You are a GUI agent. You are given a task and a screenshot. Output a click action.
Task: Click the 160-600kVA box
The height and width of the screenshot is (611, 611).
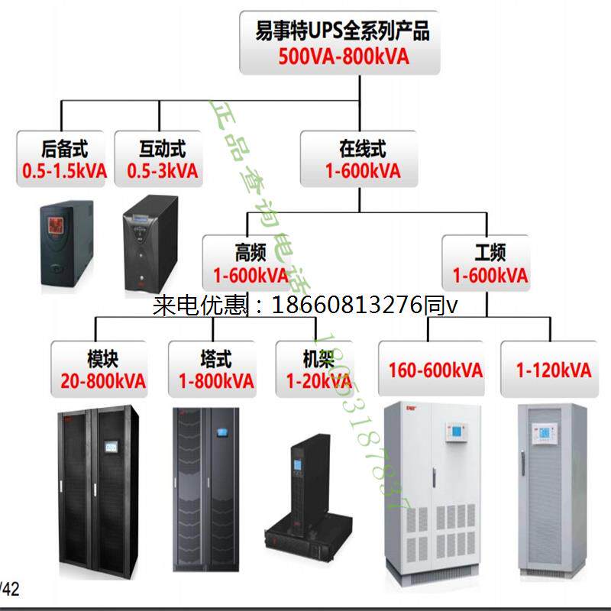click(x=435, y=370)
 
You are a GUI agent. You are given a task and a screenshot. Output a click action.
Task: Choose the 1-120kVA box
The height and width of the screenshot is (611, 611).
click(x=554, y=370)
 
